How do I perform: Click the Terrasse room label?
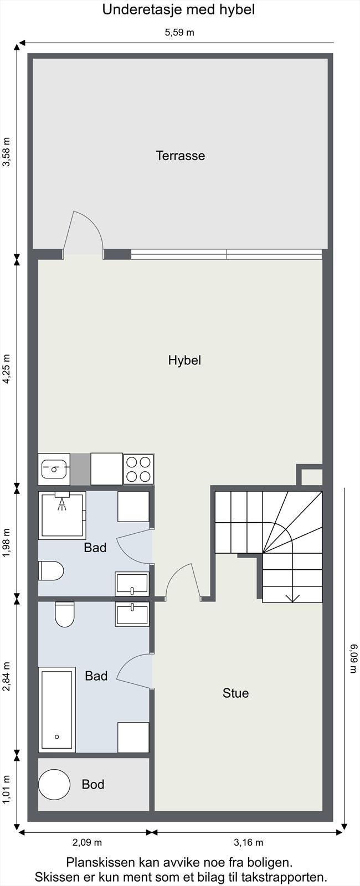180,156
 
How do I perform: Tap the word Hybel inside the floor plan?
184,360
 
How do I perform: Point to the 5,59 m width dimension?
179,33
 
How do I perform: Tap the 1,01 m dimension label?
7,790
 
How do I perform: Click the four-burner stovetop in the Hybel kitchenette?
138,469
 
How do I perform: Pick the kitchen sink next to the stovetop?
54,469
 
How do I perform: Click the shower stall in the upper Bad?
62,515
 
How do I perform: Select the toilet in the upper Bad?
51,570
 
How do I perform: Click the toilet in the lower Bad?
64,614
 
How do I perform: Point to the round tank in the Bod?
54,785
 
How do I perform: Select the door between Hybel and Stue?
183,581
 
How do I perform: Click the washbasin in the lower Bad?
132,614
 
